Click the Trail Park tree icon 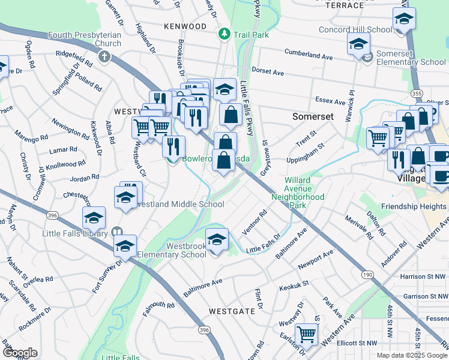tap(225, 34)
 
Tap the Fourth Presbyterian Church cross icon tap(104, 57)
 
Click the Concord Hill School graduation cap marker tap(404, 19)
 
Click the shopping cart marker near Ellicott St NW tap(307, 334)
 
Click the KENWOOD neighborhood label tap(185, 27)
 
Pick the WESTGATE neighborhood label tap(232, 311)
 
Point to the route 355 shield tap(416, 93)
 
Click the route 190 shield tap(367, 274)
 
